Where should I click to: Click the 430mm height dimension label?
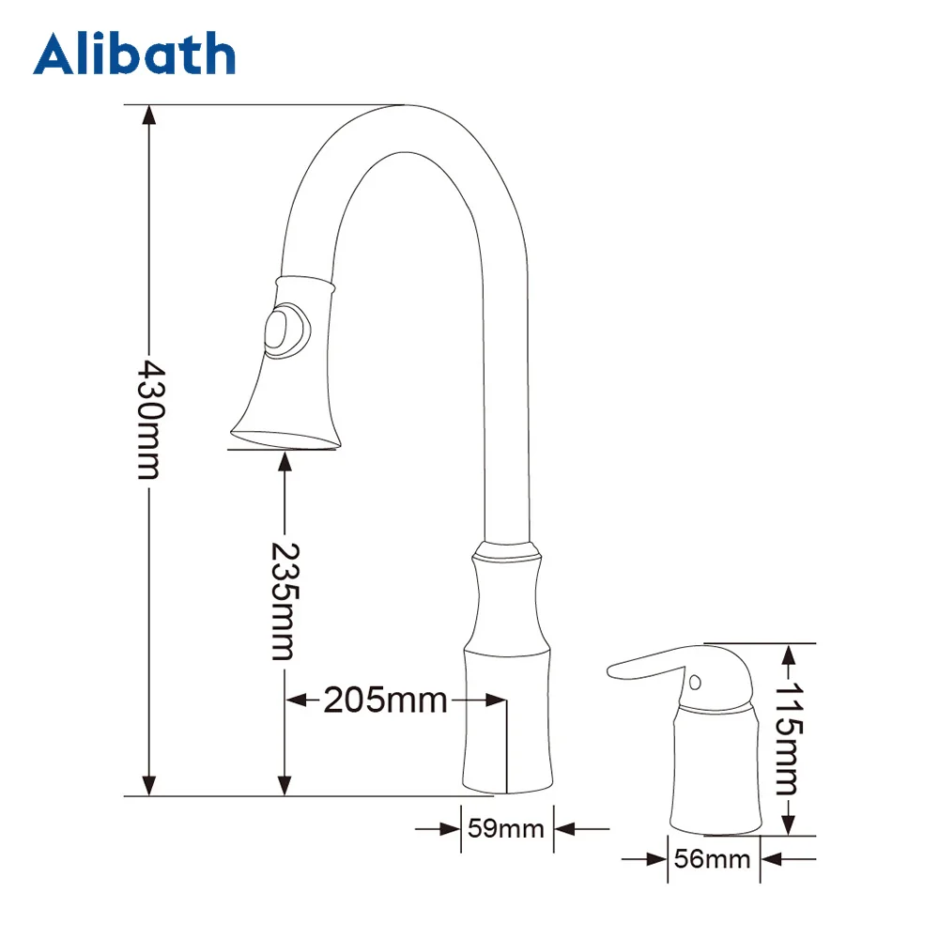148,417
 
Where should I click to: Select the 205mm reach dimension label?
385,700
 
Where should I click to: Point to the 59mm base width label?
506,829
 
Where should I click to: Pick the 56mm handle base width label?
713,858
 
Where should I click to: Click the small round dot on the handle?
695,681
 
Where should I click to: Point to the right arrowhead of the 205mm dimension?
497,700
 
